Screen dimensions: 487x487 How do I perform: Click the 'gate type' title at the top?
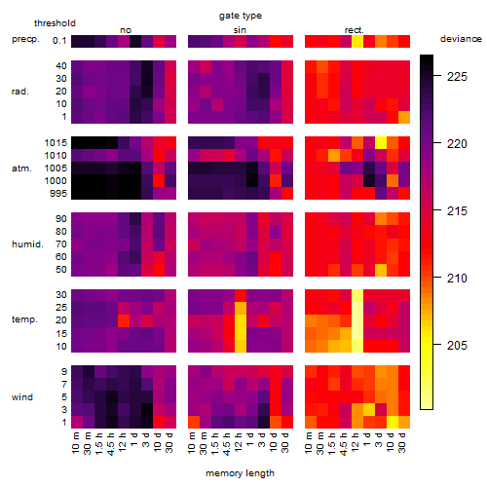(x=241, y=16)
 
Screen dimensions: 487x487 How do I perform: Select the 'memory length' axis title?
(x=240, y=473)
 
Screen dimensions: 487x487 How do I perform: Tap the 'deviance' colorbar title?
(x=461, y=39)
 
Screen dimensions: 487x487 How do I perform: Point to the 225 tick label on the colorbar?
(x=457, y=77)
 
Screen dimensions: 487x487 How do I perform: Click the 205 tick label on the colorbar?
(x=457, y=346)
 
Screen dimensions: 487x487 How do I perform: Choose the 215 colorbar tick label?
(x=457, y=211)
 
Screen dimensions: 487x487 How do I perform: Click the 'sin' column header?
(x=240, y=30)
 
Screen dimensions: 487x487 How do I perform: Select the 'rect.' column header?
(x=355, y=30)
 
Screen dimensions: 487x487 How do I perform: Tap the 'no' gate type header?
(x=126, y=30)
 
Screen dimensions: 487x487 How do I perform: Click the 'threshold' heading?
(x=55, y=23)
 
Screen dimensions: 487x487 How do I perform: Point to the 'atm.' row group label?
(x=21, y=169)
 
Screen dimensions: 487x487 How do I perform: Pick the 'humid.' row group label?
(x=27, y=244)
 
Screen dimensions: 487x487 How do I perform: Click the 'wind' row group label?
(x=22, y=397)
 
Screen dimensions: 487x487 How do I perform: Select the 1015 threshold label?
(x=56, y=143)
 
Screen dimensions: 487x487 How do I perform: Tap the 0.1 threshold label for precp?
(x=59, y=41)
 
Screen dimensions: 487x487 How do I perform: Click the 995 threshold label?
(x=58, y=194)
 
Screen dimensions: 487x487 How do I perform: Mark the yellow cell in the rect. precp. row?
(x=357, y=41)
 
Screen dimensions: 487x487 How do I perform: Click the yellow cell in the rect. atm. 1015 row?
(x=381, y=142)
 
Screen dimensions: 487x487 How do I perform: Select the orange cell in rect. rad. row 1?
(x=404, y=117)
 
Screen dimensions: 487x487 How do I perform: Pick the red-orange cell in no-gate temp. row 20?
(x=124, y=320)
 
